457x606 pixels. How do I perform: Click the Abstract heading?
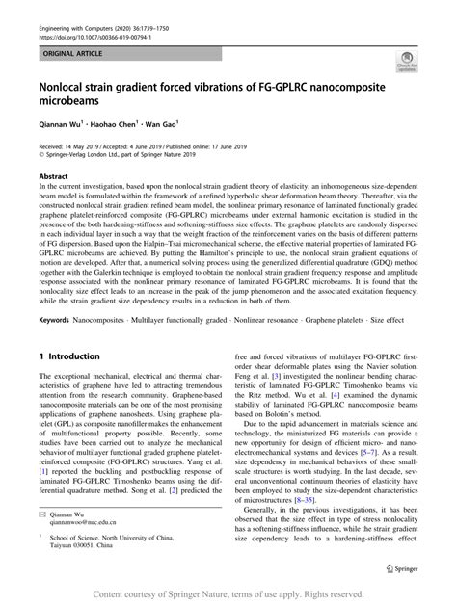click(x=53, y=178)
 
